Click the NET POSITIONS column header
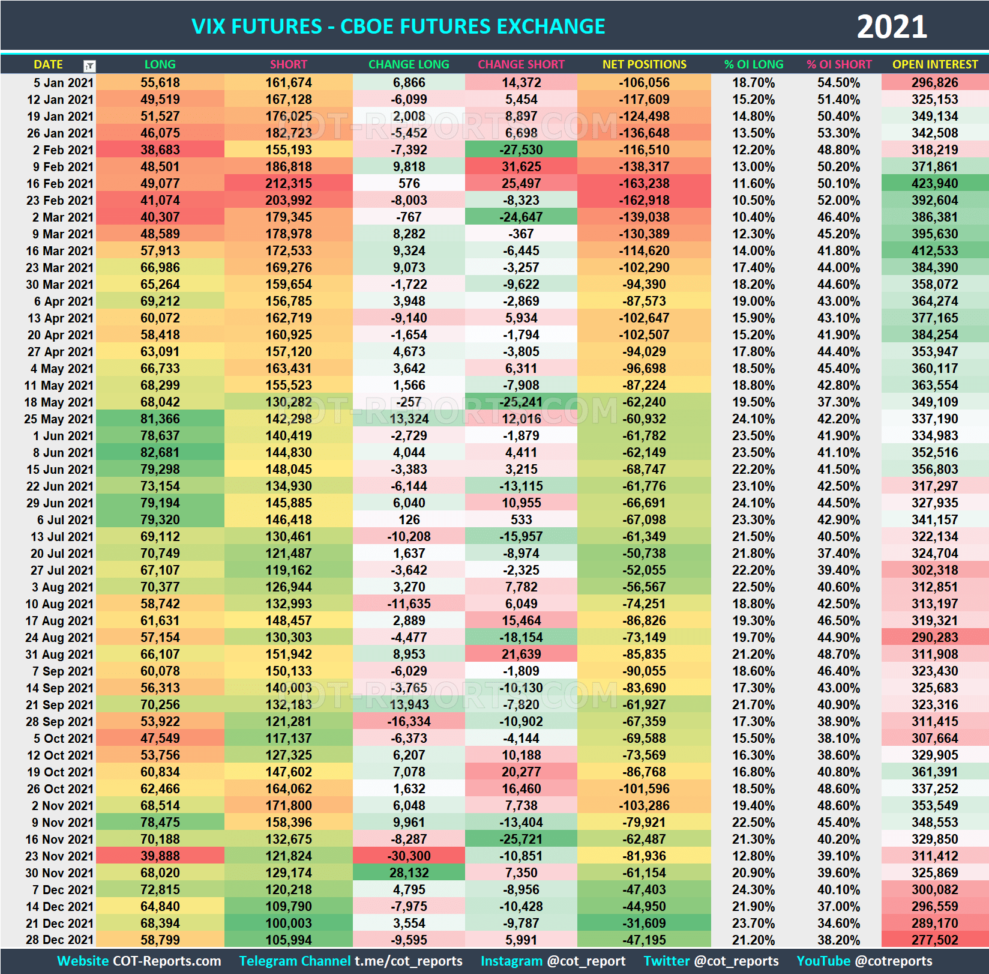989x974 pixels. (644, 64)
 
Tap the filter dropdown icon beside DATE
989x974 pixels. (89, 65)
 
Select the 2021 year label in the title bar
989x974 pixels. (891, 27)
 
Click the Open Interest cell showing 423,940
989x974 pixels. (934, 183)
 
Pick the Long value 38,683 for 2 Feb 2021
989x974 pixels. (160, 150)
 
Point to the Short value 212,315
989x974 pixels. (288, 183)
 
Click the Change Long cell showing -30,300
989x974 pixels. (409, 856)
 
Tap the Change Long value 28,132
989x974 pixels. (409, 873)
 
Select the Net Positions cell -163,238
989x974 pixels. (644, 183)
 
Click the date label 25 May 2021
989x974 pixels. (59, 419)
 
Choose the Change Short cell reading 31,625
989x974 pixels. (521, 166)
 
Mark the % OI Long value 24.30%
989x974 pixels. (753, 889)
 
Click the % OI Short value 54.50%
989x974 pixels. (838, 82)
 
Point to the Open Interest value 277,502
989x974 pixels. (934, 940)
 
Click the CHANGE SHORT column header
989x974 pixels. (521, 64)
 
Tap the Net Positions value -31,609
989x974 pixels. (644, 923)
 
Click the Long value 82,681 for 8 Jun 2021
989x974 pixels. (160, 452)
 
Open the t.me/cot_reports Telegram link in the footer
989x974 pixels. (408, 961)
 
